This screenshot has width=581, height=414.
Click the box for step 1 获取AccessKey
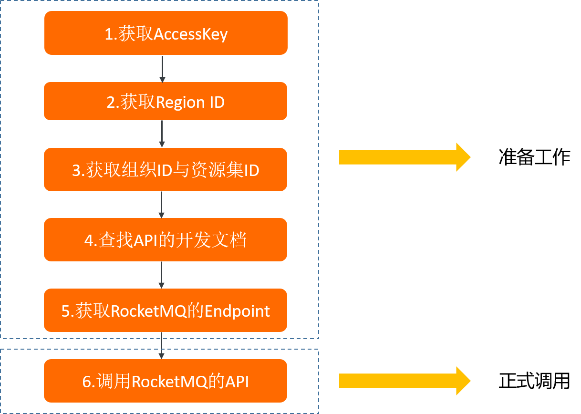coord(166,33)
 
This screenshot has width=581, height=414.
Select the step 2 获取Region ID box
coord(166,101)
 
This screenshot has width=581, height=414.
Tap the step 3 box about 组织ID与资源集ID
coord(166,170)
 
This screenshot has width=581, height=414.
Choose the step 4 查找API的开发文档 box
coord(166,239)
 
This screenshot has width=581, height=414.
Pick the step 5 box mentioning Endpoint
coord(166,310)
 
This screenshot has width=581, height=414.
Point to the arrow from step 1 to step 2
coord(162,69)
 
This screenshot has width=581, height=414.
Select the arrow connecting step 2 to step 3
coord(162,134)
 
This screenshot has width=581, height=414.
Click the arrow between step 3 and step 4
coord(162,205)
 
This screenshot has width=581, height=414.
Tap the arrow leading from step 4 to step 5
coord(162,275)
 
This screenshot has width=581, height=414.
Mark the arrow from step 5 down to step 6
coord(162,345)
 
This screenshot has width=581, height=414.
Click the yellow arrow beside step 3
coord(405,157)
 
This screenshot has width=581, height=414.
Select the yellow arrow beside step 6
coord(405,381)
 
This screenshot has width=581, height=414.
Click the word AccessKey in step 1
coord(190,34)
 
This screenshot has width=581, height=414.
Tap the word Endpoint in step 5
coord(237,311)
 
